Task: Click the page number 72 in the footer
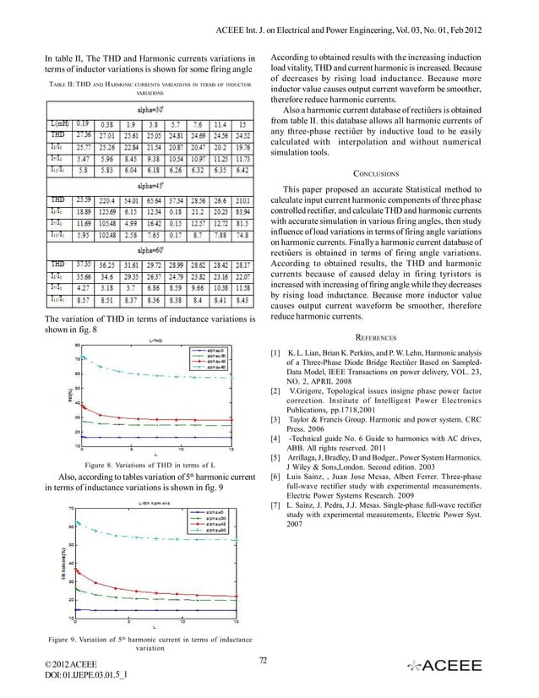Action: [263, 660]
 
